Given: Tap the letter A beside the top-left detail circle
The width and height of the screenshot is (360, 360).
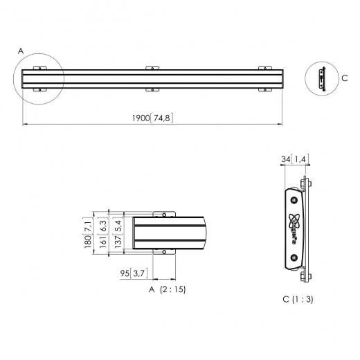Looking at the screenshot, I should tap(21, 51).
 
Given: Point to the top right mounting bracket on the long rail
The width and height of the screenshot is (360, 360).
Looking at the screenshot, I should tap(264, 67).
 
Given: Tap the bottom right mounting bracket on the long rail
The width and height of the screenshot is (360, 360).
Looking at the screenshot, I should tap(264, 90).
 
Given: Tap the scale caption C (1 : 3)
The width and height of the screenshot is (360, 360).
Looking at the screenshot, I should tap(298, 299).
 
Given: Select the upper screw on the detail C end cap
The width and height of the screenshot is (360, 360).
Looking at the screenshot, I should tap(294, 198).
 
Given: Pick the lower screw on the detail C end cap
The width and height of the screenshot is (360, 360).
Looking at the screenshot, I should tap(294, 258).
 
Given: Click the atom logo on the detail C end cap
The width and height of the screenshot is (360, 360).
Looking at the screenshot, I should tap(294, 222).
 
